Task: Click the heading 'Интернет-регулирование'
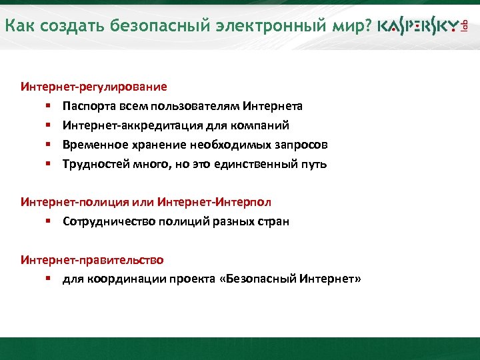[94, 87]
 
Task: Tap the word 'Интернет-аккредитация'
[121, 125]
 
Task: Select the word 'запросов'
[303, 145]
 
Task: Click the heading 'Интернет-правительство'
[92, 259]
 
